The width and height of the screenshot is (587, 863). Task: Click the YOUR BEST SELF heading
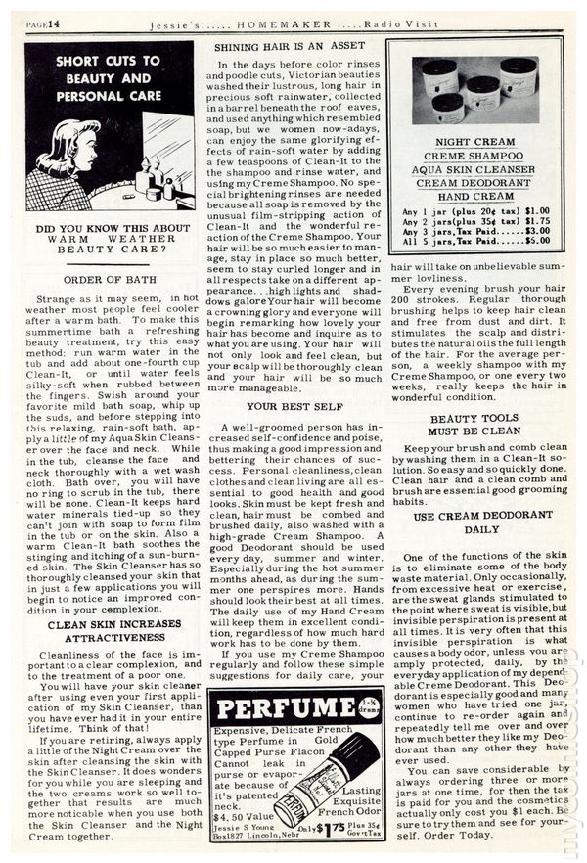(x=290, y=404)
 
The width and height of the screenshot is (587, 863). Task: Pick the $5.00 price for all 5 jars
(x=537, y=240)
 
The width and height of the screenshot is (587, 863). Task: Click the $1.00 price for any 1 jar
(x=537, y=209)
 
